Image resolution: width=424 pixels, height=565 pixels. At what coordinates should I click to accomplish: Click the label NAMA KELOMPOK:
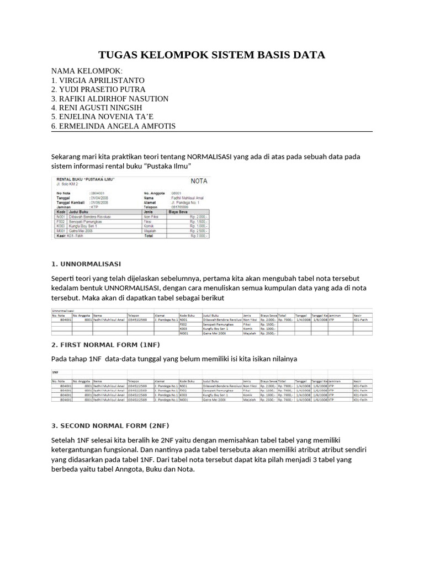[x=87, y=71]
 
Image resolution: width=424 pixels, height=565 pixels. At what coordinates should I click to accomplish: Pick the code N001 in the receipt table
[x=60, y=216]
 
